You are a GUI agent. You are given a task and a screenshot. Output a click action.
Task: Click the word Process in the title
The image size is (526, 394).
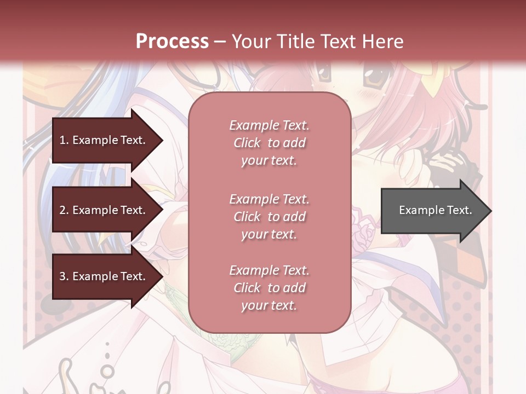click(172, 41)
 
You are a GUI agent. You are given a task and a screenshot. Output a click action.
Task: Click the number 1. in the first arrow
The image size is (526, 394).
click(64, 140)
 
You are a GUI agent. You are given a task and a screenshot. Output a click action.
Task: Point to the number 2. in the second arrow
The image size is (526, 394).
click(64, 210)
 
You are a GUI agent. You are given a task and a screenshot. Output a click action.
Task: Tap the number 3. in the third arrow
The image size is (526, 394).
click(64, 276)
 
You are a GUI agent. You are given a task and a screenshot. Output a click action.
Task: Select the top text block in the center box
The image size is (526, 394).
click(269, 143)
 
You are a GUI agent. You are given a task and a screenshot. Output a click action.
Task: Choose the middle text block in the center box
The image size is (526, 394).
click(269, 217)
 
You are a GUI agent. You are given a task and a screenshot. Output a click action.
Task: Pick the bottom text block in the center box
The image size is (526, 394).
click(269, 288)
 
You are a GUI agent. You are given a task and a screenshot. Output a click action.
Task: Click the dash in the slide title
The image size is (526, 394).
click(220, 42)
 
